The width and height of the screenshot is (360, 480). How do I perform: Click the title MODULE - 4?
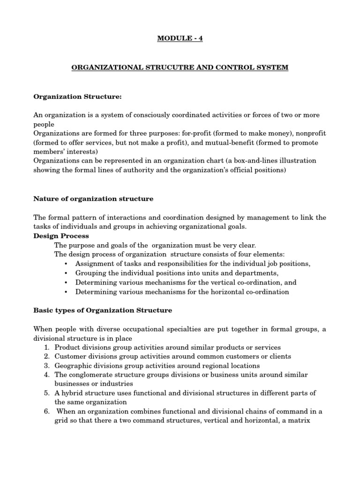[x=180, y=38]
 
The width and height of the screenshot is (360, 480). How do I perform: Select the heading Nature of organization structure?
[x=93, y=199]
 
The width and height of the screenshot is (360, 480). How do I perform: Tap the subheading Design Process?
[x=61, y=236]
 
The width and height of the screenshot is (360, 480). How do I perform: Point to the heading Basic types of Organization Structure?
[x=103, y=310]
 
